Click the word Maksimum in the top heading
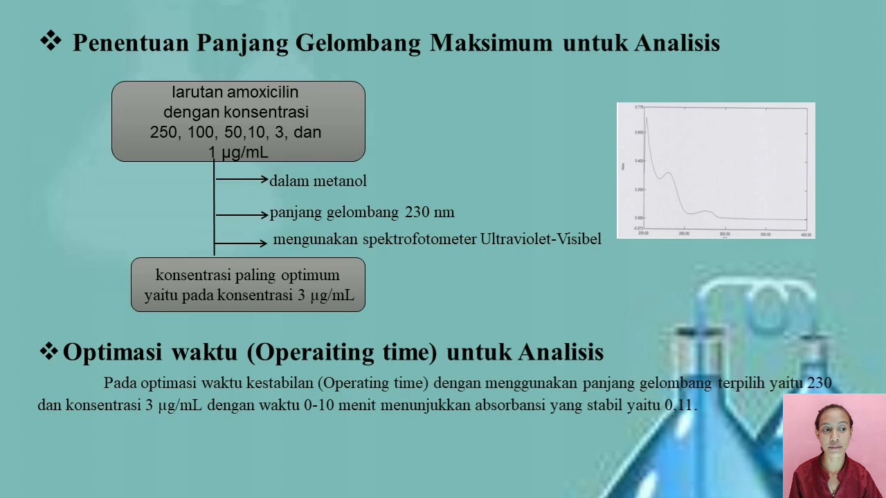tap(491, 43)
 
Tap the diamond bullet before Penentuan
tap(50, 41)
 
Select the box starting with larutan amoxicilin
tap(238, 121)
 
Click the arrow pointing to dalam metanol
tap(242, 180)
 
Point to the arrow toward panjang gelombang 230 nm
tap(242, 215)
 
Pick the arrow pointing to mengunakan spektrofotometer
tap(242, 243)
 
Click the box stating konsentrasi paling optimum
tap(248, 285)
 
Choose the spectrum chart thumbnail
tap(716, 171)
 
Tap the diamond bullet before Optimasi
tap(48, 352)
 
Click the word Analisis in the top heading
tap(677, 43)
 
